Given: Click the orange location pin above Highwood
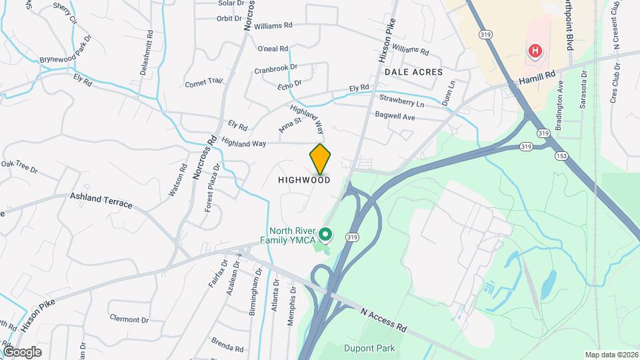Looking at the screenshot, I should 320,159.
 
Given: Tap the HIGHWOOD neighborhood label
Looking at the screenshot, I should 304,180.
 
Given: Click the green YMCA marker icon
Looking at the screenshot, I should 325,234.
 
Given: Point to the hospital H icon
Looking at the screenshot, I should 534,51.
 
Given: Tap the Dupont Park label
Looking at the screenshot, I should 369,348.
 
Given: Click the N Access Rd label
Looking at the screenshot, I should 383,319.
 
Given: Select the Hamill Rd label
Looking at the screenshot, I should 537,79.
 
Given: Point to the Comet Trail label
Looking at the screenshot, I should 203,83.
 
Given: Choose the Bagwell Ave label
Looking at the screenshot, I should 395,117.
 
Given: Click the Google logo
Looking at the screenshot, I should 22,351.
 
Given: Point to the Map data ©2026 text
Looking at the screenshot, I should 611,355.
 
